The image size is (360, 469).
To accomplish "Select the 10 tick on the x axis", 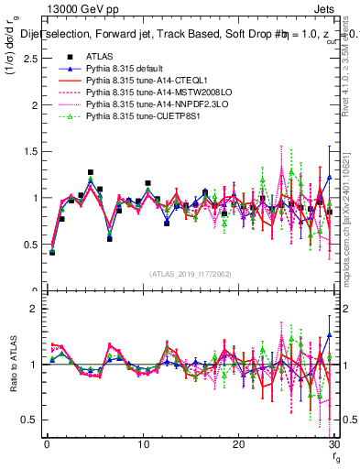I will click(x=142, y=446).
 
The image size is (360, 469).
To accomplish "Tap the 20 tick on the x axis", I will click(x=238, y=446).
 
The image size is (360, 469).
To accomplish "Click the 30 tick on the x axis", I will click(x=333, y=446).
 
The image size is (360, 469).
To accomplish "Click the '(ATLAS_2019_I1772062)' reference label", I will click(x=190, y=274).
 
